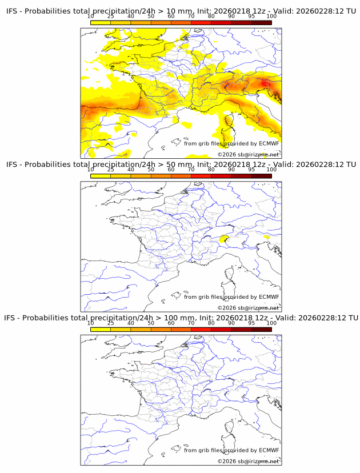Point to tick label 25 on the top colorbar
110,17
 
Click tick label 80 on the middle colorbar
211,170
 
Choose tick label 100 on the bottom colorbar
271,323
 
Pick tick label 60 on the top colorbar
171,17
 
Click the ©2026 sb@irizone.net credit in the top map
248,154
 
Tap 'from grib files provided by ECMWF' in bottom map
231,450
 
